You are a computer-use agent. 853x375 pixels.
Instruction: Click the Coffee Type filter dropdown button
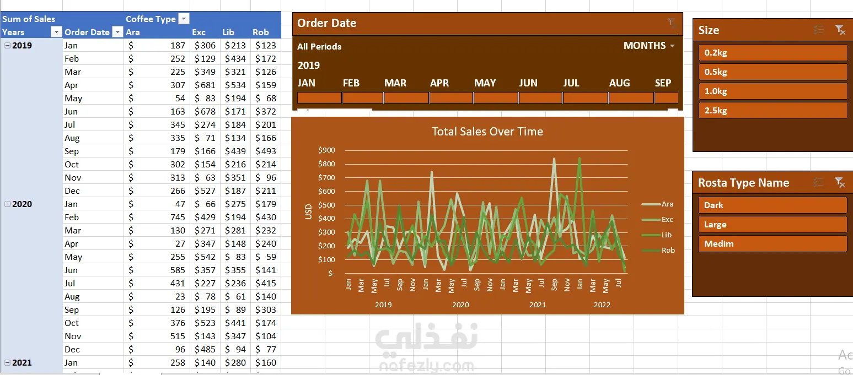(184, 19)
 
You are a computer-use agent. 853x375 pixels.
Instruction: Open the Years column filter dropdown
(56, 32)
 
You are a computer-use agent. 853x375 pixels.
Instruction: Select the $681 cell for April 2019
(205, 85)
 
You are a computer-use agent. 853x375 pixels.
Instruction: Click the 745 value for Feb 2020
(178, 217)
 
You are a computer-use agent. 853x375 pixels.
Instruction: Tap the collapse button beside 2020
(7, 204)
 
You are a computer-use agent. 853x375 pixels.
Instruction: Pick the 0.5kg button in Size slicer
(772, 72)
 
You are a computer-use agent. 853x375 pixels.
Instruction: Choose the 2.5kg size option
(772, 111)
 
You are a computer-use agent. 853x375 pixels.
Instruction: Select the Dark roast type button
(772, 205)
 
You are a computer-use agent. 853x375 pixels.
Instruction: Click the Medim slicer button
(772, 244)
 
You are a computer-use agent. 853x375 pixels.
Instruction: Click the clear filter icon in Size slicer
(840, 30)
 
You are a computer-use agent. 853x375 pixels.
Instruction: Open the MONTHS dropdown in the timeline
(650, 46)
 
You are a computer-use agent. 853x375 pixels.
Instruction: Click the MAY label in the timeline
(485, 83)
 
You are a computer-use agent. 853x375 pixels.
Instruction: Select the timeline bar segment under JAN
(319, 98)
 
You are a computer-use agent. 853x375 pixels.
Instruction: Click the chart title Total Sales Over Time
(487, 132)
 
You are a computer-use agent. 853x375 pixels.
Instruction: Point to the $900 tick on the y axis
(327, 150)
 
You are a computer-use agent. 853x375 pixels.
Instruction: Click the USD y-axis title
(308, 212)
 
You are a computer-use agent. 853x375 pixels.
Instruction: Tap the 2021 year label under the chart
(538, 305)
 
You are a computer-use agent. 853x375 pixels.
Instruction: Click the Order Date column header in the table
(87, 32)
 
